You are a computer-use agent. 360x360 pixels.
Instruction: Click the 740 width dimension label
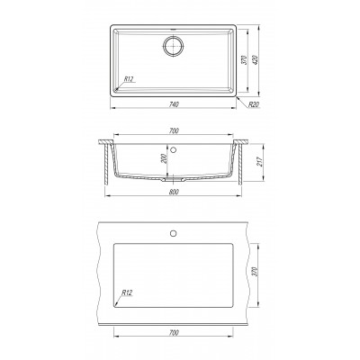coord(174,104)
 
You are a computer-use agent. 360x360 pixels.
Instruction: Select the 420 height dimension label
coord(256,60)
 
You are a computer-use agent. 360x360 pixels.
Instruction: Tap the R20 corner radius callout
coord(254,104)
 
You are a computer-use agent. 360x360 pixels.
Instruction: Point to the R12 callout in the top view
coord(129,79)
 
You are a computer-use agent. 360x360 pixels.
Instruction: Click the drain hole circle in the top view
coord(174,46)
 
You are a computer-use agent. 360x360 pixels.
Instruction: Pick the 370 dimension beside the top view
coord(245,60)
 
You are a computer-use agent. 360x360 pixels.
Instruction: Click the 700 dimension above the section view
coord(174,130)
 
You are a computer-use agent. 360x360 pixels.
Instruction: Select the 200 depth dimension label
coord(164,158)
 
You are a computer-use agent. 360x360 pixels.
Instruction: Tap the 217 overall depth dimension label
coord(260,162)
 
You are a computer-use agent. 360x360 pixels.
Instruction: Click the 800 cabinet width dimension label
coord(174,193)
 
